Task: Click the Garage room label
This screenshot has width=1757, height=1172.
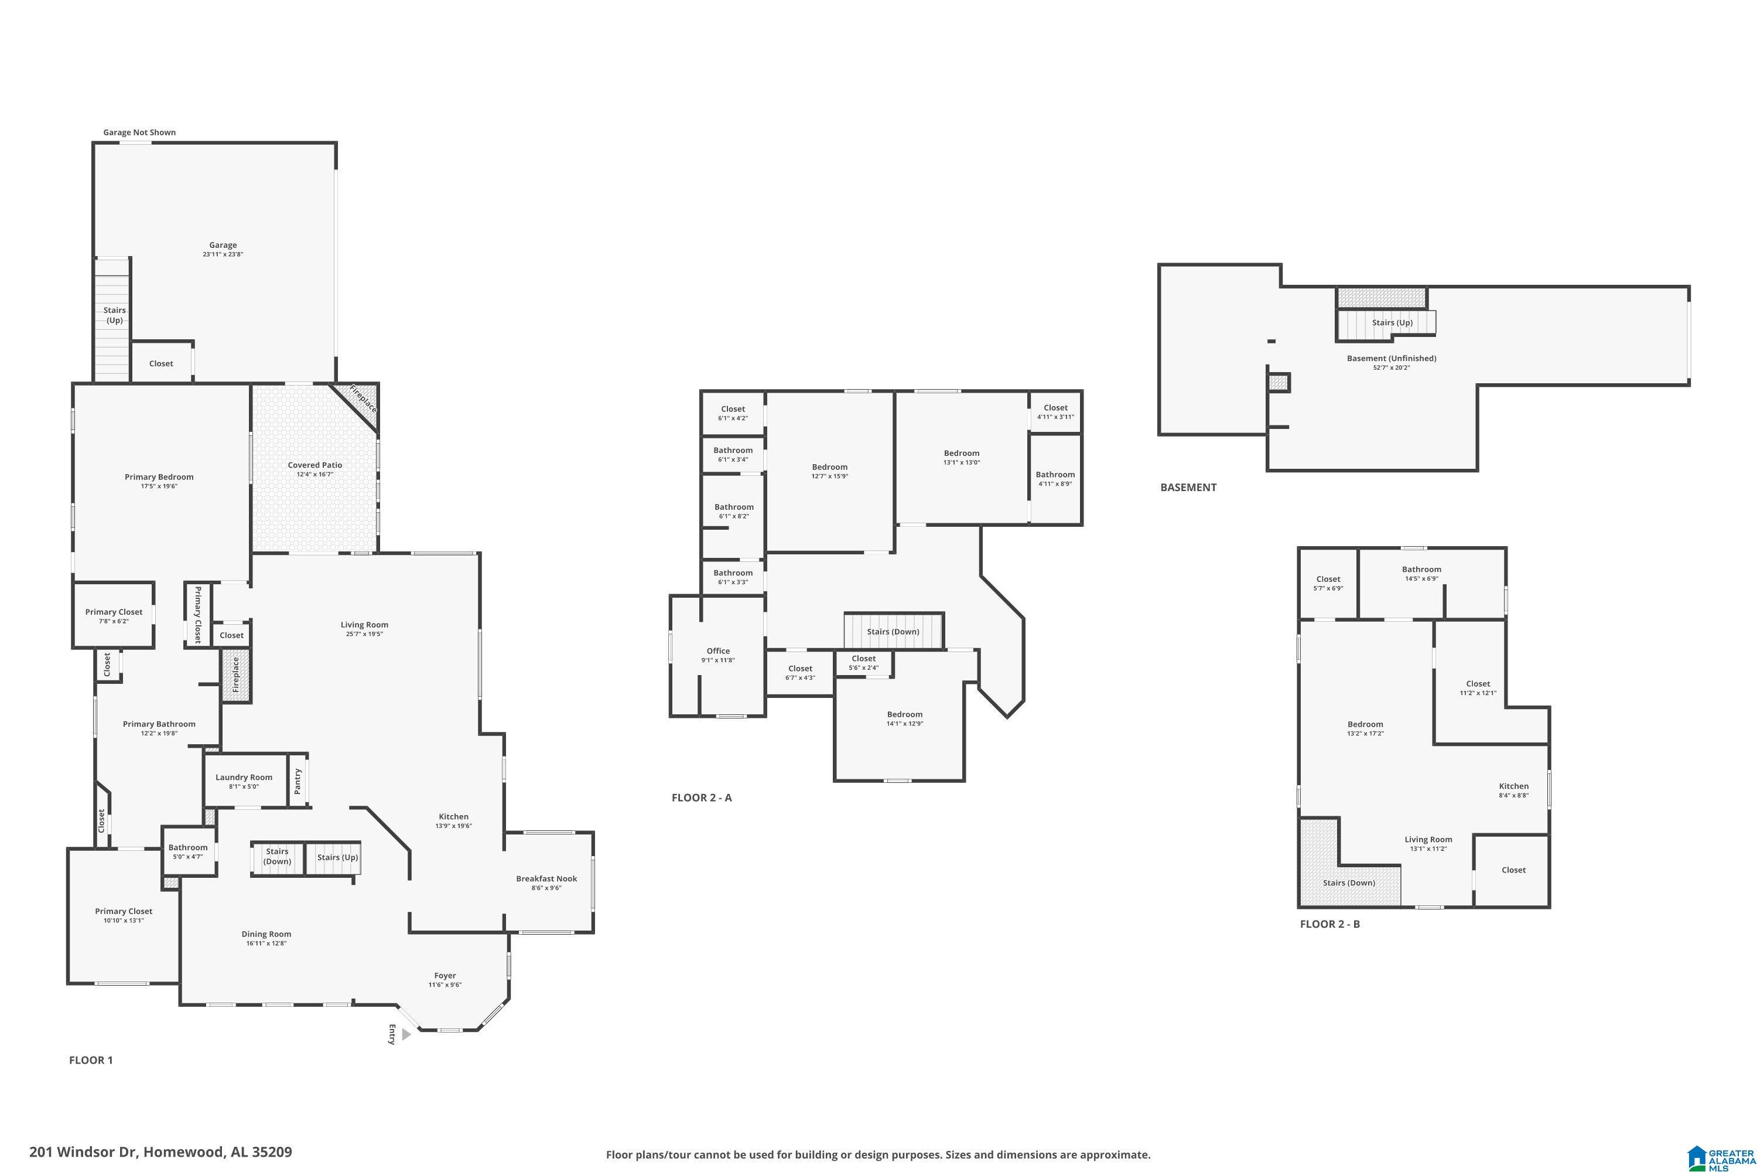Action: pos(223,245)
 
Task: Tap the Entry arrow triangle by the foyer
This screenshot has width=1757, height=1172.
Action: pos(406,1034)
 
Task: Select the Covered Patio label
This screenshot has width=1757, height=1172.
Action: pos(315,465)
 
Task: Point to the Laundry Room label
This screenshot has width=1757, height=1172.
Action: pos(244,778)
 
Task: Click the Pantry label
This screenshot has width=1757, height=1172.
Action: pos(298,782)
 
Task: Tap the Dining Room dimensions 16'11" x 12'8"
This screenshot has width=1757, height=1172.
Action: pos(266,943)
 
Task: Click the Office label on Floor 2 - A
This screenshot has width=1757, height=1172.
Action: pos(718,651)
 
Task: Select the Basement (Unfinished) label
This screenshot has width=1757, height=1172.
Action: pos(1391,358)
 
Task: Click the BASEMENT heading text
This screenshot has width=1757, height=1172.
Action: pos(1188,488)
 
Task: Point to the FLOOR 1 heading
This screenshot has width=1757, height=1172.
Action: pos(91,1060)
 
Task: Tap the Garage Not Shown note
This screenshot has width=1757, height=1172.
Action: pos(140,132)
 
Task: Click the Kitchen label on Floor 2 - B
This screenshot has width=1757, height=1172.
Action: pos(1513,786)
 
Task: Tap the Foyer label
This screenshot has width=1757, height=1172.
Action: pos(445,976)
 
